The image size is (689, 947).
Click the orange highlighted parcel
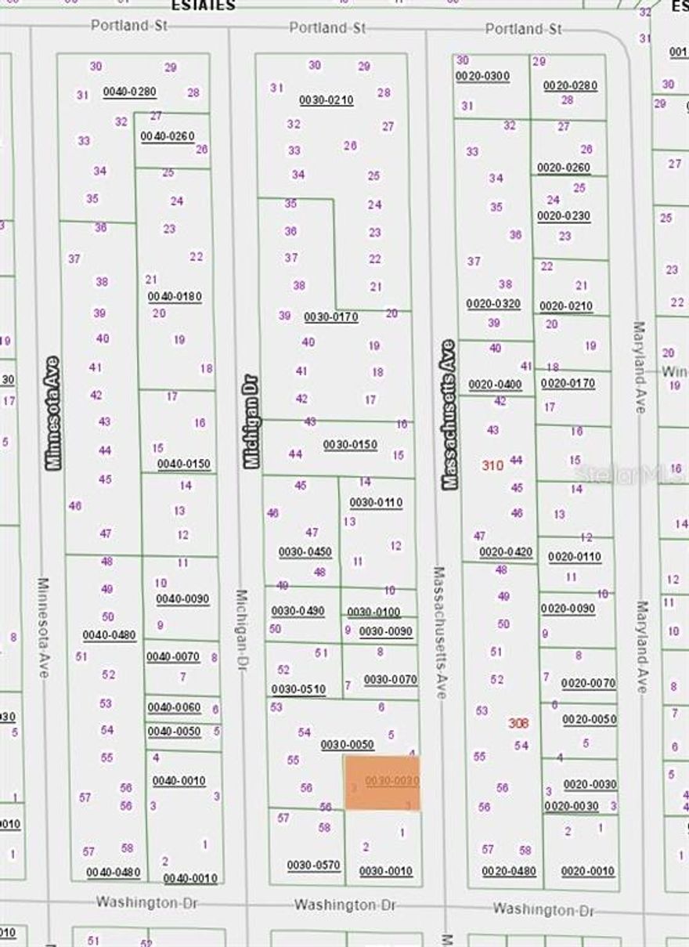pos(382,783)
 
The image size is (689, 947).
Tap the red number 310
pos(492,465)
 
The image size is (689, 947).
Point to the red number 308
pos(518,724)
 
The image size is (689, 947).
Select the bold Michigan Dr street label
pos(251,422)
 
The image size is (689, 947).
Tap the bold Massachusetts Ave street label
pos(448,415)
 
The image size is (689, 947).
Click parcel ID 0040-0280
pos(129,92)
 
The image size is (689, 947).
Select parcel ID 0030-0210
pos(326,100)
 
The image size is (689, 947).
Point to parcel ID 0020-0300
pos(482,76)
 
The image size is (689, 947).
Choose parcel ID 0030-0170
pos(330,317)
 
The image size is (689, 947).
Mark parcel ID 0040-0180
pos(175,297)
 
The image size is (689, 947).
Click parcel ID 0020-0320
pos(493,304)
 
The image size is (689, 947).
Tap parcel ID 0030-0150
pos(350,445)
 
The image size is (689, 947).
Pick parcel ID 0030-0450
pos(305,552)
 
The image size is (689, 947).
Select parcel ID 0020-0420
pos(506,552)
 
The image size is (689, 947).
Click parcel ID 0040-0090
pos(182,599)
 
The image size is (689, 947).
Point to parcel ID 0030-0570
pos(313,866)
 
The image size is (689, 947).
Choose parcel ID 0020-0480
pos(509,871)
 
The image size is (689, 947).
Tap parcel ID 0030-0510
pos(298,689)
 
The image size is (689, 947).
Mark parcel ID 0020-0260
pos(564,168)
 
